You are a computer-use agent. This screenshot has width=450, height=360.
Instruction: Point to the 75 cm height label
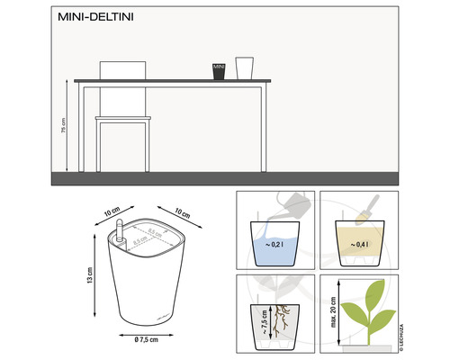[63, 127]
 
